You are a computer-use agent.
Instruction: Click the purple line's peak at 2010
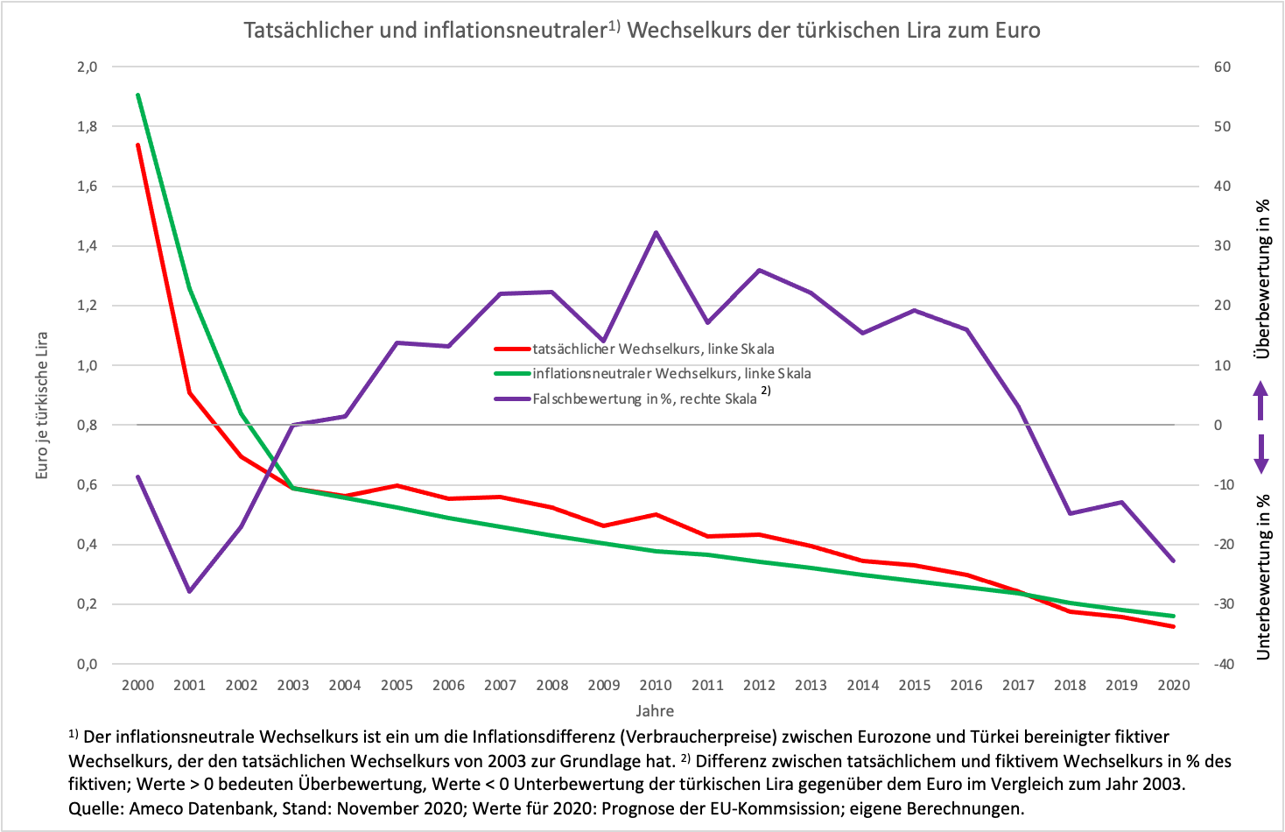[x=656, y=232]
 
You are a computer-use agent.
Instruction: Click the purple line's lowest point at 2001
[x=189, y=592]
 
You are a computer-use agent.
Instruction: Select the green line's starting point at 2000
[x=137, y=95]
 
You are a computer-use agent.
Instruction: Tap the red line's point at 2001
[x=189, y=392]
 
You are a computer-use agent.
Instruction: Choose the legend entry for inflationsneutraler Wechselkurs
[x=671, y=373]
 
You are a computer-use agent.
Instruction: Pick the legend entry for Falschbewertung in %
[x=644, y=398]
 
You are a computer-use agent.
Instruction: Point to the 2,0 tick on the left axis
[x=87, y=67]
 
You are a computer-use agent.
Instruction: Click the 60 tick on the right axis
[x=1222, y=67]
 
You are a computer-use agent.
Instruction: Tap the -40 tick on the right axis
[x=1222, y=664]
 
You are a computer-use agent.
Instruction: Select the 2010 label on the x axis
[x=656, y=685]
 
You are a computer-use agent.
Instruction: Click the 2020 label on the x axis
[x=1174, y=685]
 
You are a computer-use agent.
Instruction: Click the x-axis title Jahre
[x=655, y=710]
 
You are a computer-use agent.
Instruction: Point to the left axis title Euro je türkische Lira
[x=41, y=405]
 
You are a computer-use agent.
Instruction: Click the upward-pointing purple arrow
[x=1260, y=400]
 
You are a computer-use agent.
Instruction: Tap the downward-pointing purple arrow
[x=1260, y=453]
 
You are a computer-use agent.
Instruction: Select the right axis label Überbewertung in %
[x=1262, y=279]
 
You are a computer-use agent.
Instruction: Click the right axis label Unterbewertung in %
[x=1262, y=576]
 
